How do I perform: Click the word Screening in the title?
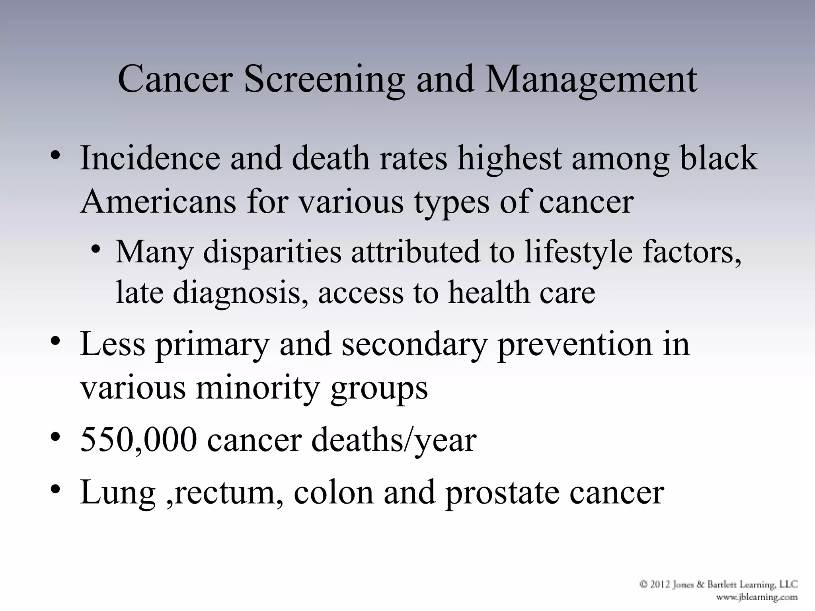click(x=324, y=80)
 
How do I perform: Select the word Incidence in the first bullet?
click(x=150, y=158)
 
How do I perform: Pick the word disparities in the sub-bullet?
click(x=272, y=252)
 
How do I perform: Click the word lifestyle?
click(x=578, y=253)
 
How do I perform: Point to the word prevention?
click(x=573, y=344)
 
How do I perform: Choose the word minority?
click(x=257, y=388)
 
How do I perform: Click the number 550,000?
click(x=138, y=441)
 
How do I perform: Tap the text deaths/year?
click(x=394, y=441)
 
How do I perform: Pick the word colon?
click(x=333, y=493)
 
